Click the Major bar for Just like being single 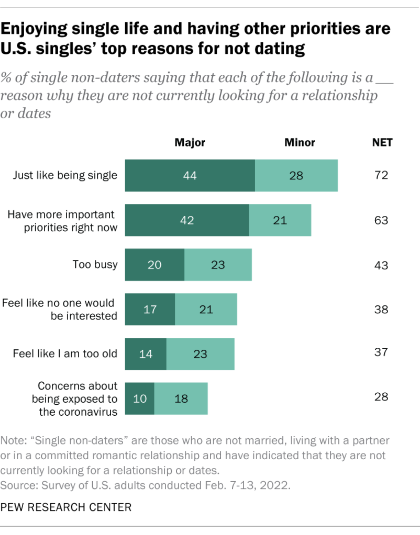[190, 176]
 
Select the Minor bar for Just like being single [296, 176]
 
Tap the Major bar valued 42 [186, 220]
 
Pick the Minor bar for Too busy [218, 265]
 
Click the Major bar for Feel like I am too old [146, 354]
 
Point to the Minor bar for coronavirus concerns [181, 399]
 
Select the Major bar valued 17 [150, 310]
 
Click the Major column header [190, 142]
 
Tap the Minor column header [299, 142]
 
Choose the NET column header [381, 142]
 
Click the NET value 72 [381, 175]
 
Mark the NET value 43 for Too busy [381, 265]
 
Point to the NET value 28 [381, 397]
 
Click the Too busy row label [95, 265]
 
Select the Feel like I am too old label [65, 354]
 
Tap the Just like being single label [65, 175]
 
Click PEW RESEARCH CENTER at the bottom [67, 507]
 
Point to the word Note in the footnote [15, 440]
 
